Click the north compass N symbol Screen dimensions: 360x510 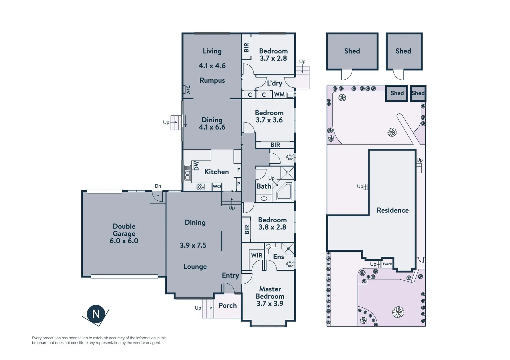96,314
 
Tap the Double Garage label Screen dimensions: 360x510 124,230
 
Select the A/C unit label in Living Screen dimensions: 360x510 188,89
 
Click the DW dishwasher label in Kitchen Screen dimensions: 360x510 196,166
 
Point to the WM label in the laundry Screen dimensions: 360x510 279,95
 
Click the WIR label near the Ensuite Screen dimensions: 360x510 257,255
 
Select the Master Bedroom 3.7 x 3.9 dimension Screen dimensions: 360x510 270,304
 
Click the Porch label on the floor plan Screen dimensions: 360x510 227,306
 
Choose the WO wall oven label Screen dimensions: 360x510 217,187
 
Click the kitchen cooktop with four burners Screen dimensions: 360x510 200,187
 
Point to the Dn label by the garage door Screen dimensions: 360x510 158,186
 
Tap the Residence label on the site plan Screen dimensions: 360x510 393,210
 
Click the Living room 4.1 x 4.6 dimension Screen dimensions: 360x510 212,66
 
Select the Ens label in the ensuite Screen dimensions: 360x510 279,257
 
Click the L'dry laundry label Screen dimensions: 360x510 274,83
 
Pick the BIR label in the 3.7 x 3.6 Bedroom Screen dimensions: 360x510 275,145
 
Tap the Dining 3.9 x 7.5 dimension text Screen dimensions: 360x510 193,245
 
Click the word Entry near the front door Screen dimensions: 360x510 230,275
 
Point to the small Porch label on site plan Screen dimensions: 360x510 387,264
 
